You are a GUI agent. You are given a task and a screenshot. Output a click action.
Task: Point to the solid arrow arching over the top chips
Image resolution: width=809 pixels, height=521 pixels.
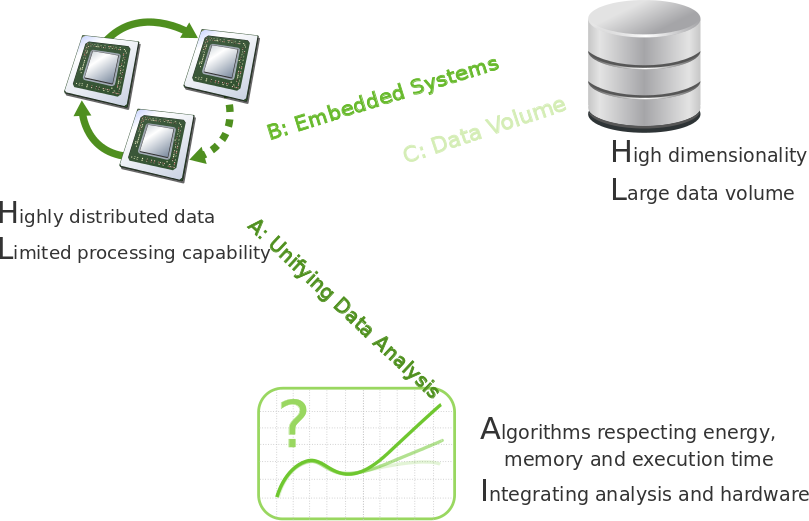(x=150, y=25)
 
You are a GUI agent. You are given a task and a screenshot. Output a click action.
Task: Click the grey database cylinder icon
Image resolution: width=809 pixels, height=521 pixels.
(x=643, y=65)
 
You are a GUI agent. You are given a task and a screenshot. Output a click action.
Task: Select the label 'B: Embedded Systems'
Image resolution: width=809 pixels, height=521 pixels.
(x=383, y=98)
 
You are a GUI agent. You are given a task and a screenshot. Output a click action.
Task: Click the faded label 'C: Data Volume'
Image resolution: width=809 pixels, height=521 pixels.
(x=484, y=130)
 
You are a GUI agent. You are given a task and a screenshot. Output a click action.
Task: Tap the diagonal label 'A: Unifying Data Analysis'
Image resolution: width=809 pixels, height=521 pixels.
(x=342, y=305)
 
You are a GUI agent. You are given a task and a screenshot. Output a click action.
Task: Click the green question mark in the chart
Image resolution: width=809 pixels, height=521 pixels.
(x=293, y=424)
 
